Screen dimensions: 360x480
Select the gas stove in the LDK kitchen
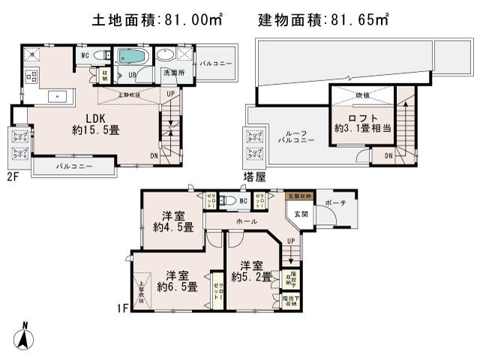33,75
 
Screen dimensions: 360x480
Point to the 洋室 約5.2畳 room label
250,271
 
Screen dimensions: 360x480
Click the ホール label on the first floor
247,221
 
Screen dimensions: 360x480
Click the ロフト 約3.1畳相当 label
362,123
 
